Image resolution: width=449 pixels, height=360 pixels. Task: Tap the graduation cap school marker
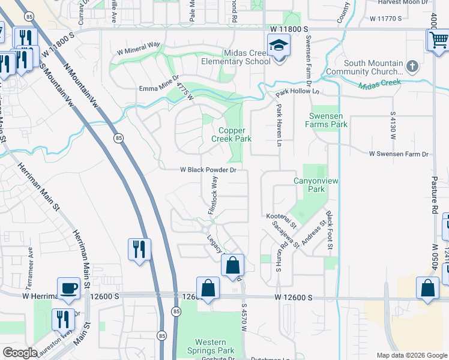(x=279, y=46)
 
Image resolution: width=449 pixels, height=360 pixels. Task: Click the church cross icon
(x=412, y=64)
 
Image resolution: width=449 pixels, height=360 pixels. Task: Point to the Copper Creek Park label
(x=234, y=134)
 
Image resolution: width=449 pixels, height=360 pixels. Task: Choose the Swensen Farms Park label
(x=328, y=120)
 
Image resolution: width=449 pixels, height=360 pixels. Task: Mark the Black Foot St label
(x=329, y=230)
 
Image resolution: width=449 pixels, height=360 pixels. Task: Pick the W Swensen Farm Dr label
(x=400, y=154)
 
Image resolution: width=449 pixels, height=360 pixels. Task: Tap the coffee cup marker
(x=69, y=287)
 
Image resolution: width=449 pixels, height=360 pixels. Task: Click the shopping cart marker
(x=439, y=41)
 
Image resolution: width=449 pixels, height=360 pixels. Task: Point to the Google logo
(x=20, y=353)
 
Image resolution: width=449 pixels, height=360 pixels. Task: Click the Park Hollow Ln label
(x=296, y=92)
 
